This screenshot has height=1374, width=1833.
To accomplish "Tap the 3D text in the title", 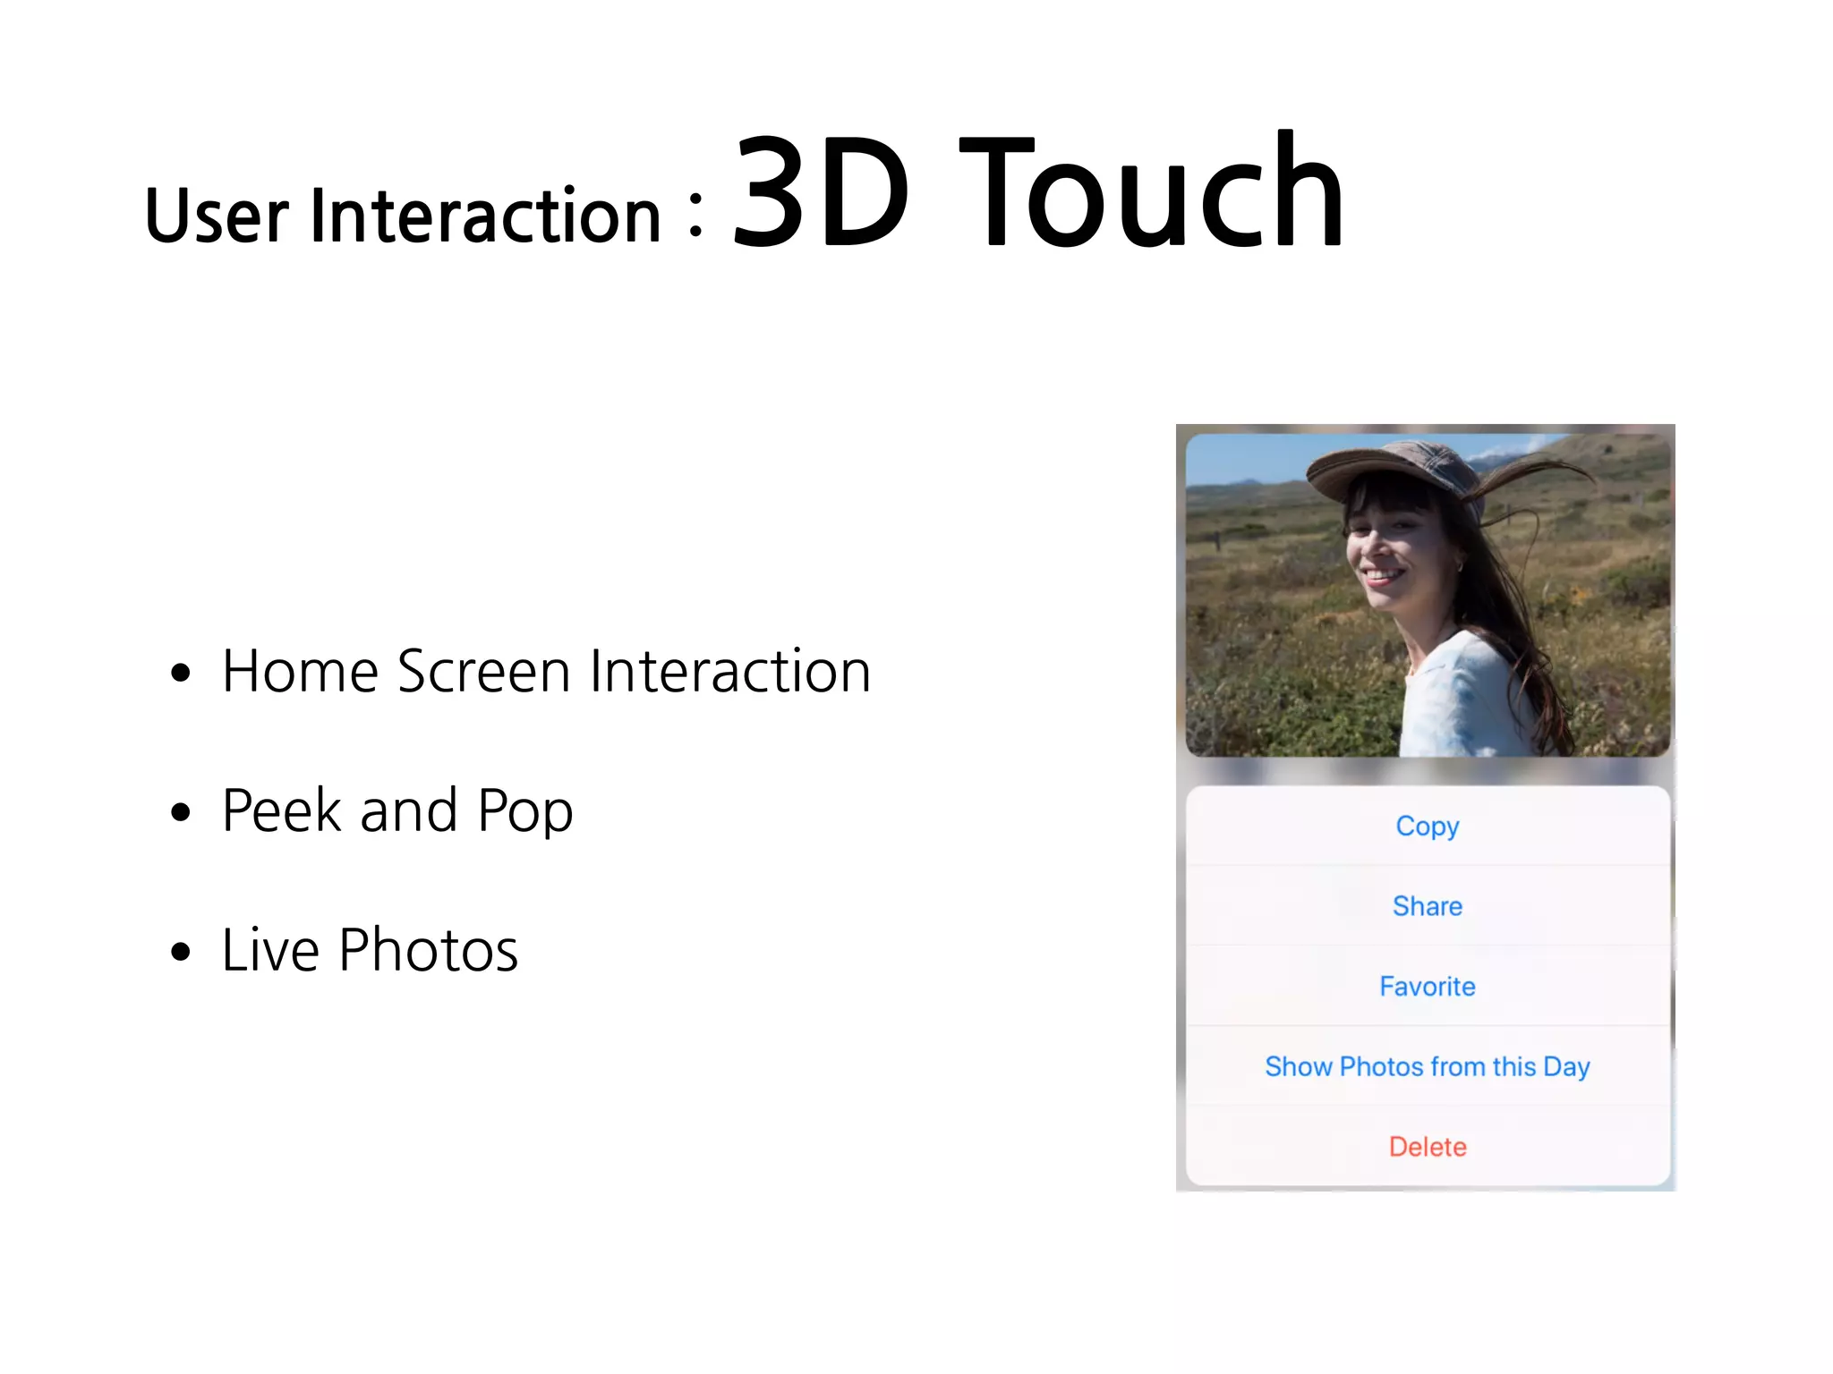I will (821, 192).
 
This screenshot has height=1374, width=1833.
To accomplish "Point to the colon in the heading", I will (696, 216).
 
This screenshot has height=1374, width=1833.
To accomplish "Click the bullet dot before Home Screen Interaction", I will (181, 673).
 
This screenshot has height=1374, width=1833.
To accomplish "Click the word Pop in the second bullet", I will (525, 812).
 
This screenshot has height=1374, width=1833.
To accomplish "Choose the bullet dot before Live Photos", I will (181, 952).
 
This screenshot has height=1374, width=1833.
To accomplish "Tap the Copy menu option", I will (1427, 826).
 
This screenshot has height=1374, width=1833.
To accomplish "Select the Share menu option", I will (1427, 906).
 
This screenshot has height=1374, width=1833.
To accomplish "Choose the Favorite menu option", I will (1427, 987).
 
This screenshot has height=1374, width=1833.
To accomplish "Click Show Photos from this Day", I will (1427, 1066).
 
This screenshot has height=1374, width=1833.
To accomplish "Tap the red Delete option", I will (1427, 1147).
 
